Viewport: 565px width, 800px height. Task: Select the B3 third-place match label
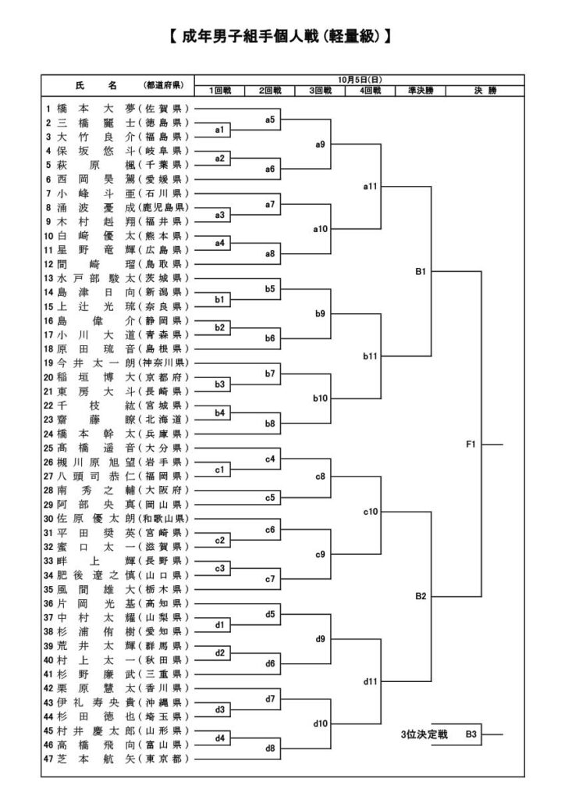point(471,734)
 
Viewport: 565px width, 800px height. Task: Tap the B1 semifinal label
point(420,273)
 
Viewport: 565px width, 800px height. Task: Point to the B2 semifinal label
point(420,596)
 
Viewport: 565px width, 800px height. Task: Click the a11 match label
point(371,187)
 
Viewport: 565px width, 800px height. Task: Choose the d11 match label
point(371,681)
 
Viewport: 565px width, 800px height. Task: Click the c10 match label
point(371,512)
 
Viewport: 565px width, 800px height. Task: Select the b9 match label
point(320,314)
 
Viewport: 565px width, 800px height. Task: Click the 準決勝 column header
point(420,91)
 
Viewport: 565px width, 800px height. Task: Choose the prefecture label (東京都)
point(162,759)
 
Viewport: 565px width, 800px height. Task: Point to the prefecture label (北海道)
point(162,419)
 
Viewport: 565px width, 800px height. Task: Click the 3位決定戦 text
point(423,734)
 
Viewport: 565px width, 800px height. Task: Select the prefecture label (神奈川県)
point(162,362)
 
